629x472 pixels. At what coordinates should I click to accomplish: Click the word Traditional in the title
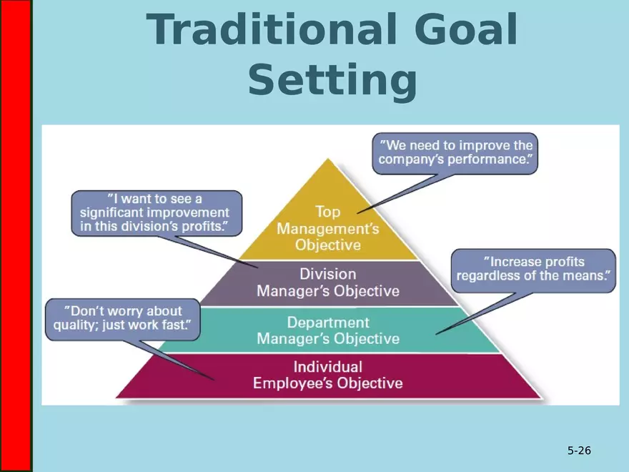pyautogui.click(x=267, y=30)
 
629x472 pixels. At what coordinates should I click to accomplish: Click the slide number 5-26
pyautogui.click(x=579, y=451)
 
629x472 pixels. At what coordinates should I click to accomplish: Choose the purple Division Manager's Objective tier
pyautogui.click(x=328, y=282)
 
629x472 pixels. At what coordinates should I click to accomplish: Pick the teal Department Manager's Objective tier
pyautogui.click(x=328, y=330)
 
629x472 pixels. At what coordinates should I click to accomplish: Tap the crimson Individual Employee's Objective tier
pyautogui.click(x=328, y=375)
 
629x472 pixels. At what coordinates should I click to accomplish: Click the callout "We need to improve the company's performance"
pyautogui.click(x=455, y=152)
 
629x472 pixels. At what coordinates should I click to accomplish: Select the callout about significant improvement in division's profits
pyautogui.click(x=157, y=212)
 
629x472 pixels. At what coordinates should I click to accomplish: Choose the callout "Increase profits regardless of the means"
pyautogui.click(x=534, y=270)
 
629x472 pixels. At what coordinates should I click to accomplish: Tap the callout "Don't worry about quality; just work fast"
pyautogui.click(x=123, y=319)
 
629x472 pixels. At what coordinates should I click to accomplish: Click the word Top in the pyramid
pyautogui.click(x=328, y=212)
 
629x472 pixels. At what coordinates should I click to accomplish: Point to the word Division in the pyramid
pyautogui.click(x=328, y=274)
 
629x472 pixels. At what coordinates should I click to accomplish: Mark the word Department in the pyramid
pyautogui.click(x=328, y=322)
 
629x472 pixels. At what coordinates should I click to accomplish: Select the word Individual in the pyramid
pyautogui.click(x=328, y=367)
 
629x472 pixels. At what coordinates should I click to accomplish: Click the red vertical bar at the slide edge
pyautogui.click(x=15, y=236)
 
